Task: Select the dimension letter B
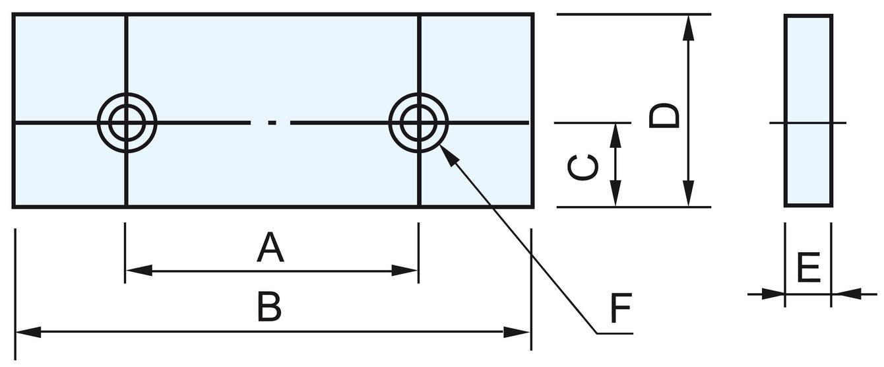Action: coord(269,308)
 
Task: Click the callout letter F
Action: coord(621,307)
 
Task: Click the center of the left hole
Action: coord(127,123)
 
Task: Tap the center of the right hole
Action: coord(419,123)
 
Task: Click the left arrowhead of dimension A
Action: coord(139,270)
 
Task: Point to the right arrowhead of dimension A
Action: coord(405,270)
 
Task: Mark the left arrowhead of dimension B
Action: coord(29,332)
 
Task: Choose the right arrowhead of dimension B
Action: coord(518,332)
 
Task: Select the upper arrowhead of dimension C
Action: coord(616,135)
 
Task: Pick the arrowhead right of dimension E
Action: coord(844,294)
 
